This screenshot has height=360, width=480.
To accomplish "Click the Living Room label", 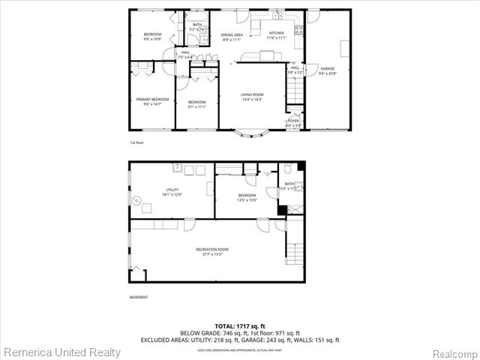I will [x=251, y=94].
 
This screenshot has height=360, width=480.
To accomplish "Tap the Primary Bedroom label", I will [x=152, y=99].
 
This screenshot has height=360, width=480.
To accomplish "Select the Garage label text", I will [x=327, y=68].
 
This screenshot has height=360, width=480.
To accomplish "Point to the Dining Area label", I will [x=232, y=34].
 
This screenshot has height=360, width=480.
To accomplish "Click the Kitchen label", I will [x=277, y=34].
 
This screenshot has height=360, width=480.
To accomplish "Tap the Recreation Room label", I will [x=212, y=249].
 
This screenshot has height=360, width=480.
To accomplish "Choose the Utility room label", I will [x=172, y=190].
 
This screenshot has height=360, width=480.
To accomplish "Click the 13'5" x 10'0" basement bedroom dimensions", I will [x=247, y=200].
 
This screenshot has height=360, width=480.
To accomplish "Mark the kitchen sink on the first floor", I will [x=277, y=16].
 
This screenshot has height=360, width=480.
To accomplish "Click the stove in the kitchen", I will [x=299, y=31].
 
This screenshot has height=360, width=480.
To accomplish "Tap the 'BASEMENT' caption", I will [x=139, y=297].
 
